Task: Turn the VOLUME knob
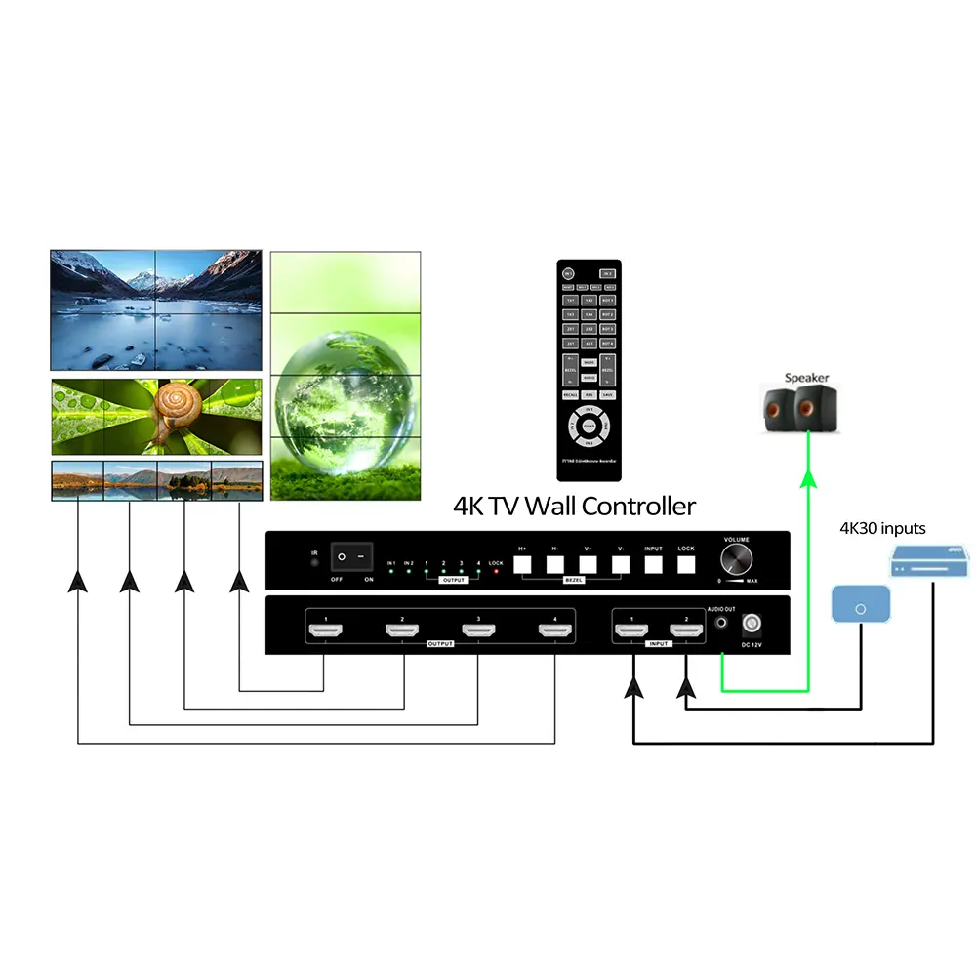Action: coord(737,560)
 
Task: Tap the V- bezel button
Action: coord(620,563)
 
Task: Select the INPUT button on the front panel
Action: coord(653,563)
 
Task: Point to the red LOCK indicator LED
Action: coord(496,571)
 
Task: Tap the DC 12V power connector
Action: coord(752,623)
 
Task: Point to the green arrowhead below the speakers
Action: coord(808,478)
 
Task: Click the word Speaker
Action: coord(806,378)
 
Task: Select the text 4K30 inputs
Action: coord(882,529)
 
